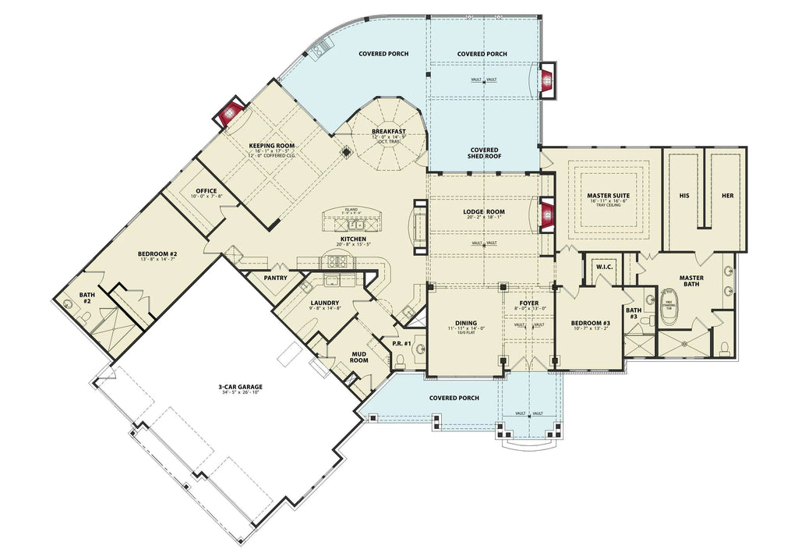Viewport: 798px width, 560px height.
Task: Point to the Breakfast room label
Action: coord(388,131)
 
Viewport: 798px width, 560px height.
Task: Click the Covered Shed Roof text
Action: coord(483,153)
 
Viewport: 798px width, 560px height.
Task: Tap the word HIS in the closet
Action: coord(684,195)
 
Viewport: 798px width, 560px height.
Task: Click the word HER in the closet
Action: coord(726,195)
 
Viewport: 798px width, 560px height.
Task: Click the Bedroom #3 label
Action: coord(590,323)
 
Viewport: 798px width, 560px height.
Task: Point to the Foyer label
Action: coord(529,303)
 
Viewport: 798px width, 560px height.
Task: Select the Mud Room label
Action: coord(358,357)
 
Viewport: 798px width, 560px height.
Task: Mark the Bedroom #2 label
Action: coord(158,255)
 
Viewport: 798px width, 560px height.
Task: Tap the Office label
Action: coord(207,190)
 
